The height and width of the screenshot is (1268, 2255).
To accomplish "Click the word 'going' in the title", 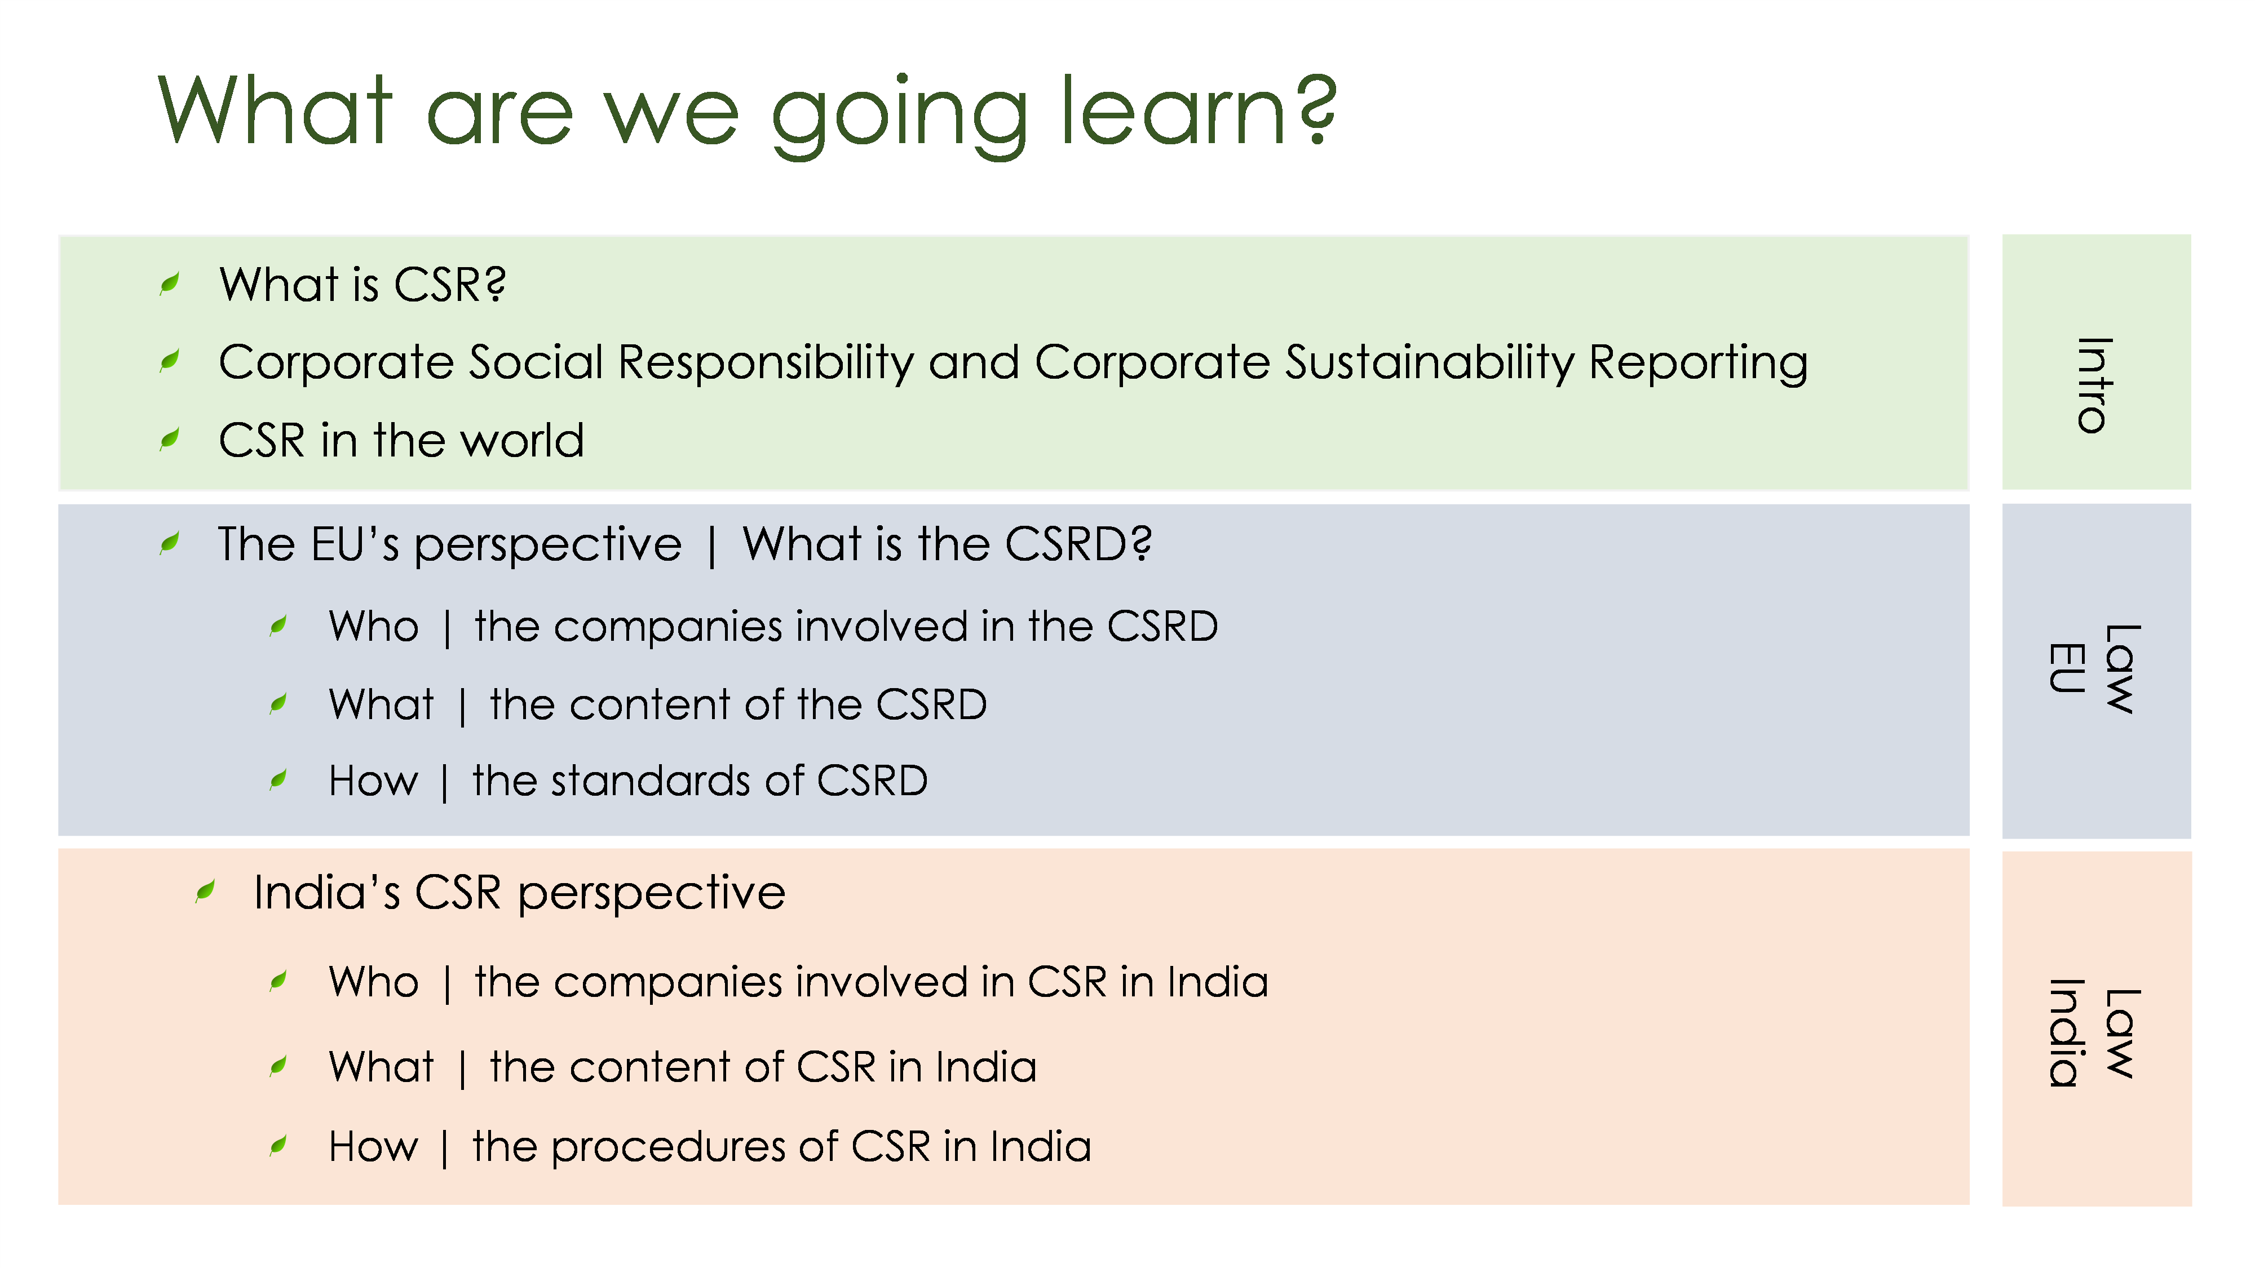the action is pos(899,117).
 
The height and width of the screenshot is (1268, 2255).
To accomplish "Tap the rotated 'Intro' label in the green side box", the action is pos(2095,385).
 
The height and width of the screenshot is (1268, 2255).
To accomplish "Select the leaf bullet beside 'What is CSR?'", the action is pos(170,283).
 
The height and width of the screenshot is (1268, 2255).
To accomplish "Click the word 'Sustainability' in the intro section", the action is pos(1430,363).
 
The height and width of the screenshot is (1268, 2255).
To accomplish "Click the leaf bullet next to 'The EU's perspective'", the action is pos(170,543).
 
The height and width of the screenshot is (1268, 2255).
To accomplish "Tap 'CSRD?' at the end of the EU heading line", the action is pos(1077,544).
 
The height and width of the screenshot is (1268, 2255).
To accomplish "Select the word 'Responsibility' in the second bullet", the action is pos(766,363).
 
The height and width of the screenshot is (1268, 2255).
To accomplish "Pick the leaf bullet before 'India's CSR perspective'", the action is pos(206,892).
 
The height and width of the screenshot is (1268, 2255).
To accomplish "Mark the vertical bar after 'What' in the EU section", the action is pos(462,706).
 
